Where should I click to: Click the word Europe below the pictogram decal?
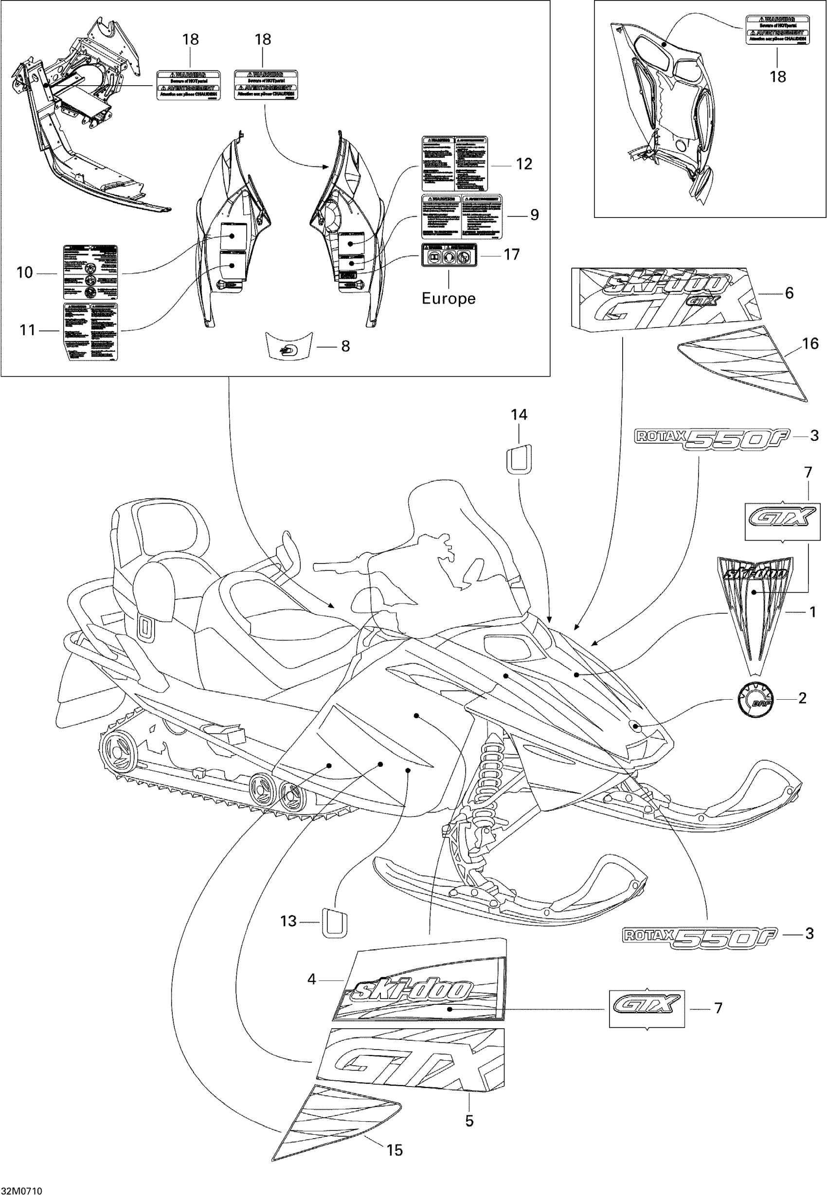(x=448, y=298)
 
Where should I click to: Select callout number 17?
(x=511, y=254)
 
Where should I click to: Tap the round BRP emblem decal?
(x=755, y=700)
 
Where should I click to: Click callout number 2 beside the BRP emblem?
(x=802, y=698)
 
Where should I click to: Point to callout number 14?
(x=519, y=415)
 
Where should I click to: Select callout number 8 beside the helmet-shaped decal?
(x=345, y=346)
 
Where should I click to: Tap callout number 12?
(x=524, y=164)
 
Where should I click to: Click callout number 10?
(x=24, y=272)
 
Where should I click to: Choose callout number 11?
(x=27, y=329)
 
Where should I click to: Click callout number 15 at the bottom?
(x=395, y=1150)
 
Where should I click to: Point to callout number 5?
(x=469, y=1121)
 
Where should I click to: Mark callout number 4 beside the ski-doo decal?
(x=311, y=979)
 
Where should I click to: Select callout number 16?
(x=810, y=344)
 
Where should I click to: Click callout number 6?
(x=789, y=293)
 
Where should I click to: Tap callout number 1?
(x=812, y=612)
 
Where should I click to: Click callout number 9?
(x=534, y=215)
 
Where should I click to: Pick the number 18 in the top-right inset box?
(x=777, y=77)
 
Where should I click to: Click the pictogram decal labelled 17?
(x=449, y=255)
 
